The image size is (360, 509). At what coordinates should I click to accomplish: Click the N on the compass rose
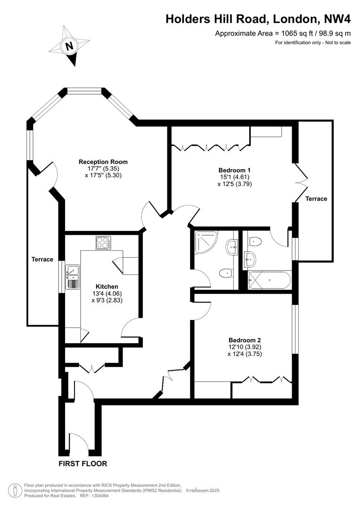70,46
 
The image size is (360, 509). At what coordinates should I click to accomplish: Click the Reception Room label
103,162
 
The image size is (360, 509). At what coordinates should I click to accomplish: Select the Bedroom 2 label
245,340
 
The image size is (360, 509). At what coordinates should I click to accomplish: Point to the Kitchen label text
107,286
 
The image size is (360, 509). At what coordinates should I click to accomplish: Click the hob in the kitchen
103,243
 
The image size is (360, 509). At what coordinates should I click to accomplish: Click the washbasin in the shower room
232,246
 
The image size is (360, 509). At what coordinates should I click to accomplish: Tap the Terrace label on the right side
316,198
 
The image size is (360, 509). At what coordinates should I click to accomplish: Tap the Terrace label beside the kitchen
42,259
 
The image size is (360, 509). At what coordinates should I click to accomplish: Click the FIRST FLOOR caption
83,463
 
